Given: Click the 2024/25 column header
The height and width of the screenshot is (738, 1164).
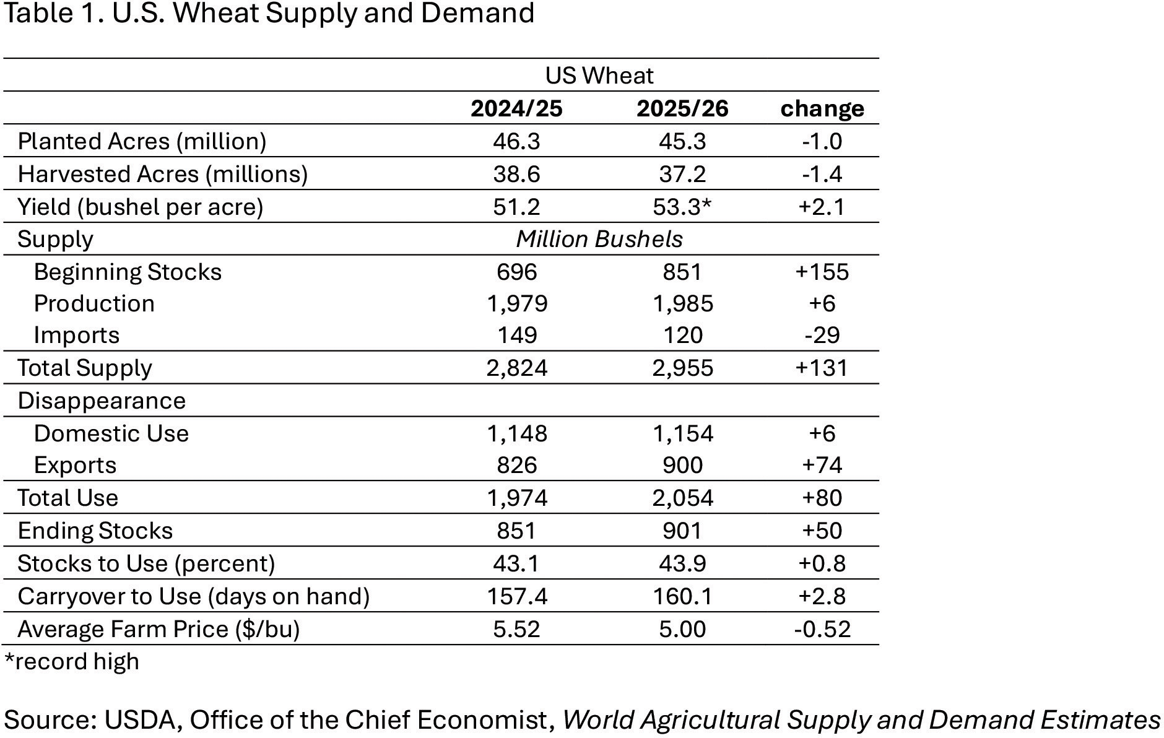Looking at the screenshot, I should coord(516,108).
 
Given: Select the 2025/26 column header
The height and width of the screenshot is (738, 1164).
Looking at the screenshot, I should coord(682,108).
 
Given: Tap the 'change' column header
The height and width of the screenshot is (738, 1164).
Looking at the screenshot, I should coord(822,108).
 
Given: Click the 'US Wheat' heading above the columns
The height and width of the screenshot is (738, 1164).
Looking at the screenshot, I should coord(599,76).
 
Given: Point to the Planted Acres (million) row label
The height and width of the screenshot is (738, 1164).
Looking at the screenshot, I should coord(142,141).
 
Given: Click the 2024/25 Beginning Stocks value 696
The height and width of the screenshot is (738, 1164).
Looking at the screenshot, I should coord(516,272).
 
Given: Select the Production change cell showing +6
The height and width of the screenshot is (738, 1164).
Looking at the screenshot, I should coord(822,303).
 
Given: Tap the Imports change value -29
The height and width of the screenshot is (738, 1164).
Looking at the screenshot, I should coord(822,335).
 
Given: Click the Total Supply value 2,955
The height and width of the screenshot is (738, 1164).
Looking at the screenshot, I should coord(682,368).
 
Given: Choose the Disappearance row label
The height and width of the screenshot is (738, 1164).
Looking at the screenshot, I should coord(102,401).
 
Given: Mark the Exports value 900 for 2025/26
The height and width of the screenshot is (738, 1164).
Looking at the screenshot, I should coord(682,465).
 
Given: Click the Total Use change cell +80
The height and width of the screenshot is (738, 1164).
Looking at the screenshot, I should coord(822,498).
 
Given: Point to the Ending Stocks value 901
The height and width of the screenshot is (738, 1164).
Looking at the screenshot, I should coord(682,531).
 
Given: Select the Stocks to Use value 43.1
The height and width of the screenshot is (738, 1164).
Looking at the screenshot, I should coord(516,563).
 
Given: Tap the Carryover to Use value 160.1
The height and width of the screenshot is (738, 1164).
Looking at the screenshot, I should coord(682,596).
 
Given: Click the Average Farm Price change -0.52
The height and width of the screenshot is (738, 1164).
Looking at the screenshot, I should coord(822,629).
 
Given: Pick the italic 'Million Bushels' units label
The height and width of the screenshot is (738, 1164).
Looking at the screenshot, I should coord(599,239).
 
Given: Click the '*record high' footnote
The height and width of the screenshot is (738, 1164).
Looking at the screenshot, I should coord(71,661).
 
